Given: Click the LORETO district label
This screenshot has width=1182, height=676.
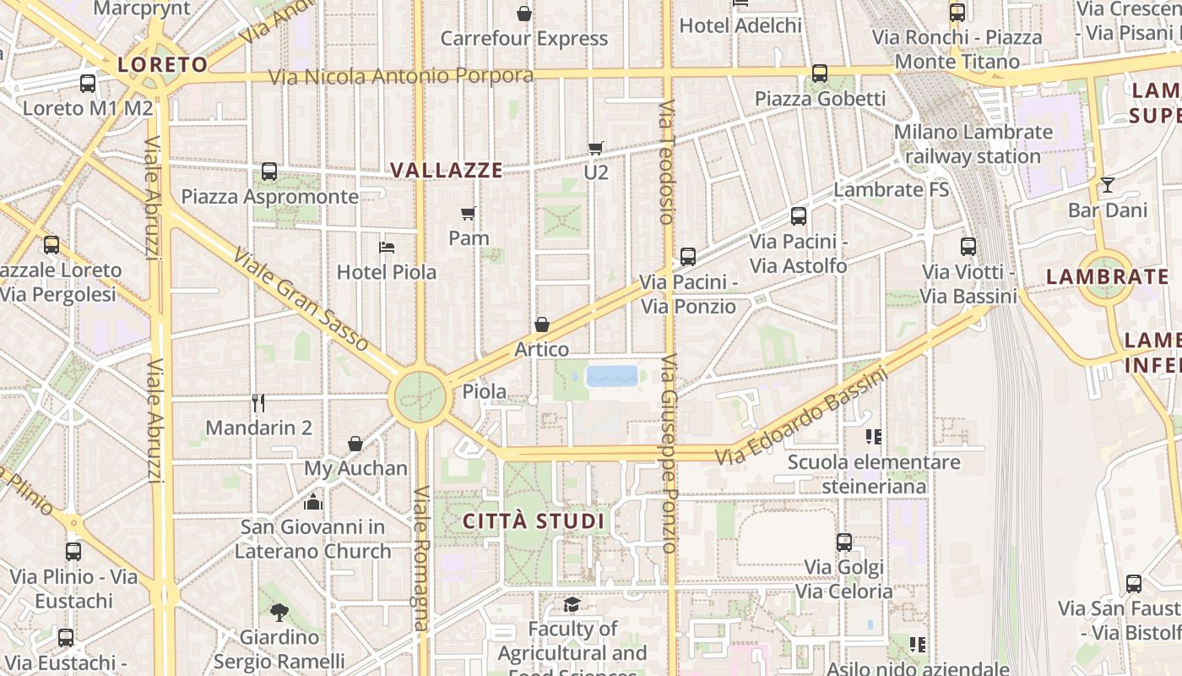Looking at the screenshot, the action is pyautogui.click(x=162, y=64).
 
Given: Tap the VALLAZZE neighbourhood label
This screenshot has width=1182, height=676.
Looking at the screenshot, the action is pyautogui.click(x=447, y=170).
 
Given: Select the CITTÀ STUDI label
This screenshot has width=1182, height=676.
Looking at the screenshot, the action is pyautogui.click(x=534, y=521).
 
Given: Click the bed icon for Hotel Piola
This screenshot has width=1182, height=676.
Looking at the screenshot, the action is pyautogui.click(x=387, y=248).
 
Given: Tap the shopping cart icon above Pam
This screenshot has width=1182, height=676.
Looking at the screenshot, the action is pyautogui.click(x=469, y=213).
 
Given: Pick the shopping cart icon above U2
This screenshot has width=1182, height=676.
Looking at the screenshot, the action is pyautogui.click(x=596, y=148).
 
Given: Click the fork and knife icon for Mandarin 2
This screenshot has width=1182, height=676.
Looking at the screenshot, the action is pyautogui.click(x=258, y=402).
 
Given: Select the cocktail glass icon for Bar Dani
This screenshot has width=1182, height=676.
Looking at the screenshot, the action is pyautogui.click(x=1108, y=184).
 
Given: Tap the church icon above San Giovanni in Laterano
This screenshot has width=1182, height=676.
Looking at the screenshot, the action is pyautogui.click(x=313, y=502).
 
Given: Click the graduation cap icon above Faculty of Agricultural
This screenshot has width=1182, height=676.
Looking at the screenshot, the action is pyautogui.click(x=572, y=604).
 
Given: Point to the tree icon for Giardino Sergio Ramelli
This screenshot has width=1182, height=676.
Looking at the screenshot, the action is pyautogui.click(x=279, y=612).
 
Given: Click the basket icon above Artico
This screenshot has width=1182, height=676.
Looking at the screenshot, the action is pyautogui.click(x=542, y=324).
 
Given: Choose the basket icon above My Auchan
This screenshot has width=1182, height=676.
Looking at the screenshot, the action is pyautogui.click(x=355, y=444).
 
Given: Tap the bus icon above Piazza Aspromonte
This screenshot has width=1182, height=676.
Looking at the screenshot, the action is pyautogui.click(x=269, y=172).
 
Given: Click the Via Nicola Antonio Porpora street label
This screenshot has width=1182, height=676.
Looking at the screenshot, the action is pyautogui.click(x=401, y=76).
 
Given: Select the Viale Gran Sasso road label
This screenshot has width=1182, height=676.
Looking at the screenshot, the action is pyautogui.click(x=301, y=299).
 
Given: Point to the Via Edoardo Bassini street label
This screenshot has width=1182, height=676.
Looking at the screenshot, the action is pyautogui.click(x=801, y=417).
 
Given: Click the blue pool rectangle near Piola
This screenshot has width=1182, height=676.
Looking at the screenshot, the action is pyautogui.click(x=612, y=376).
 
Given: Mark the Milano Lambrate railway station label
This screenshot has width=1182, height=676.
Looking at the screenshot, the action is pyautogui.click(x=973, y=144).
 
